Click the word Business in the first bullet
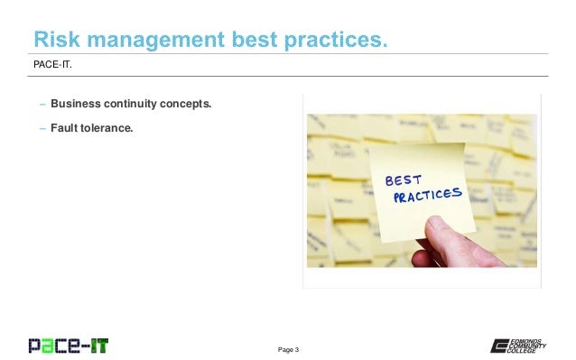[76, 104]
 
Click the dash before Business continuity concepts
[42, 104]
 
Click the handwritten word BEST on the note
[404, 177]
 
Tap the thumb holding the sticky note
[441, 238]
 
